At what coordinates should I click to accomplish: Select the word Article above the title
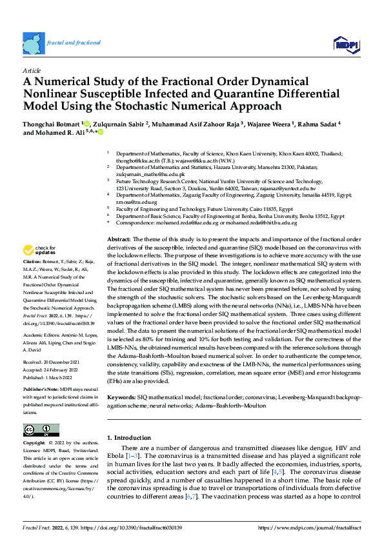click(x=32, y=70)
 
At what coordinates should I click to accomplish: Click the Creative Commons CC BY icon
click(x=41, y=430)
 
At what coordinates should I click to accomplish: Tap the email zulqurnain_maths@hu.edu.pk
click(x=150, y=175)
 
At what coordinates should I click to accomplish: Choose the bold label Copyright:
click(x=34, y=444)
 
